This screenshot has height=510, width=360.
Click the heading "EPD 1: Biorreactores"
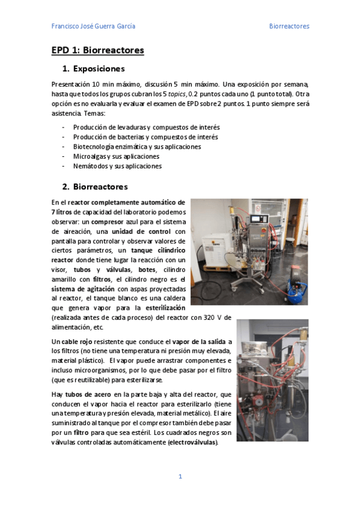tap(97, 51)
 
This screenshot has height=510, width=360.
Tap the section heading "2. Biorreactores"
tap(94, 186)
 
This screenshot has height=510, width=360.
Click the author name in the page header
tap(93, 26)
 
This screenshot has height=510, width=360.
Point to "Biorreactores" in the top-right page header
tap(288, 26)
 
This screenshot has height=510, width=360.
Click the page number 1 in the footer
tap(180, 477)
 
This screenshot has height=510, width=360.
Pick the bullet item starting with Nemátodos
tap(117, 166)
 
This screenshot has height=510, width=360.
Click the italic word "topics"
tap(176, 94)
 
